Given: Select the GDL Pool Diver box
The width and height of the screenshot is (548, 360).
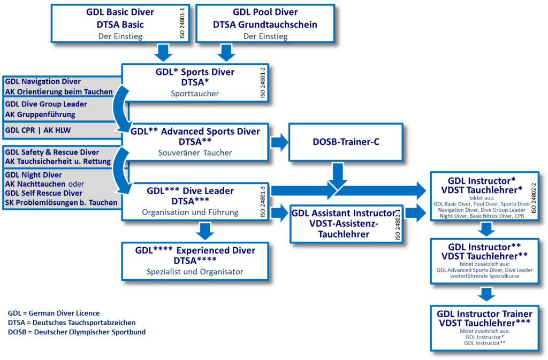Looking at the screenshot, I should pyautogui.click(x=265, y=24).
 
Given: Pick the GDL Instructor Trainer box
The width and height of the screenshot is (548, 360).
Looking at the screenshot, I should pyautogui.click(x=484, y=327).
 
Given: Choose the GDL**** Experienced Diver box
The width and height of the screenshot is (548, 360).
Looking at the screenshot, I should pyautogui.click(x=195, y=261).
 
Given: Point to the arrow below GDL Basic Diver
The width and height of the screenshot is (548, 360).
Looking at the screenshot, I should pyautogui.click(x=163, y=52).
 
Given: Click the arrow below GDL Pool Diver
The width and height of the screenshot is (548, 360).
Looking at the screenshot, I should pyautogui.click(x=225, y=52).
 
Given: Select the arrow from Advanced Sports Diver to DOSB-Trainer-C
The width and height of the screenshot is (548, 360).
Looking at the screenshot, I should pyautogui.click(x=278, y=142).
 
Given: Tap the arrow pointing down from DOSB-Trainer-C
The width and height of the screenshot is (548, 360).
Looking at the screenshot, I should pyautogui.click(x=338, y=174).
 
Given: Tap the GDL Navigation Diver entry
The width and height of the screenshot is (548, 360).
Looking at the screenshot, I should pyautogui.click(x=43, y=82).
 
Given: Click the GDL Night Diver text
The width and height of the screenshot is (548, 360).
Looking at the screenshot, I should pyautogui.click(x=33, y=174).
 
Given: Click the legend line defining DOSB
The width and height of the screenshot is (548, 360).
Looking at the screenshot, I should pyautogui.click(x=77, y=332).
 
